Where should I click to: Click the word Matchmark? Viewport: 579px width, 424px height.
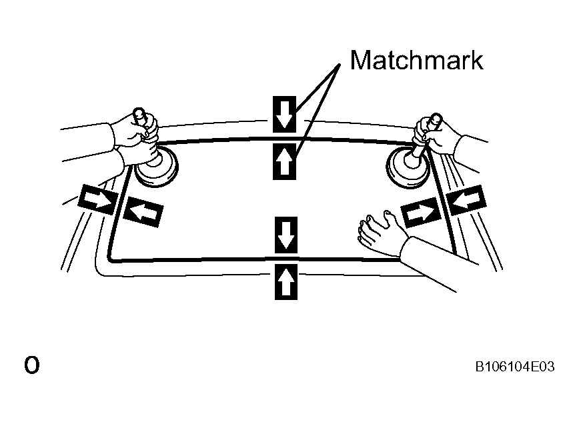(x=416, y=60)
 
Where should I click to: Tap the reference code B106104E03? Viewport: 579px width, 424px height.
(x=514, y=366)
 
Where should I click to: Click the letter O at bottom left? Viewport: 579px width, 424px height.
(x=31, y=365)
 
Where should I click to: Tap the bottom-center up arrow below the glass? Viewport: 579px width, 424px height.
(x=285, y=281)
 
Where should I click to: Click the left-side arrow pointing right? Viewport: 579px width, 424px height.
(x=97, y=198)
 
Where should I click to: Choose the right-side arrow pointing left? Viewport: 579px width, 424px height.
(x=466, y=199)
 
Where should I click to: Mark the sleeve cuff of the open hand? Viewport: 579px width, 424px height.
(x=408, y=248)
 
